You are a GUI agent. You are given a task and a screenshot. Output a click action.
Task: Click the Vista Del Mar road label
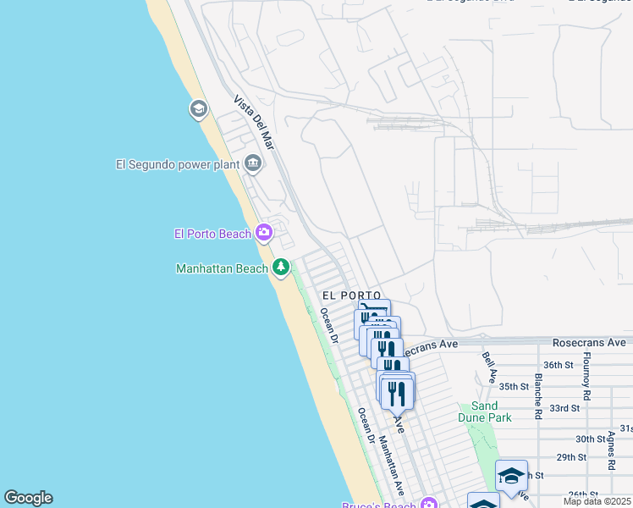click(x=255, y=123)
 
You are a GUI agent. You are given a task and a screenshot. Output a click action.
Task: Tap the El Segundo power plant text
click(x=178, y=164)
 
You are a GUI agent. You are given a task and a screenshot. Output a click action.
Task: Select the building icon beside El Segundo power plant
click(x=253, y=163)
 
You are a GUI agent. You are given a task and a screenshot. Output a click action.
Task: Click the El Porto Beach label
click(x=212, y=234)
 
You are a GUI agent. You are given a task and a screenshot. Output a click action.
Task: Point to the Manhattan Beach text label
click(x=222, y=268)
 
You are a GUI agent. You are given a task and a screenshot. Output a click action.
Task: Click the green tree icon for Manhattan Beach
click(x=281, y=268)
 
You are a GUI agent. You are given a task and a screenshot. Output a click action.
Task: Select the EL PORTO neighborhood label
click(x=346, y=295)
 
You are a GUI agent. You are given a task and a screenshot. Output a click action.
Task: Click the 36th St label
click(x=559, y=365)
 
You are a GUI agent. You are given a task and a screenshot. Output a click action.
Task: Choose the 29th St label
click(x=571, y=457)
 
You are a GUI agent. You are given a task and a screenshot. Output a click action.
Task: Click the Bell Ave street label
click(x=490, y=369)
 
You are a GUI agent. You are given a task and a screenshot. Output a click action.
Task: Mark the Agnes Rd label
click(x=610, y=451)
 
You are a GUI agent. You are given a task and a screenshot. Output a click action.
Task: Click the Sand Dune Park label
click(x=485, y=411)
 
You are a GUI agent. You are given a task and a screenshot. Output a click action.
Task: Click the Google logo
click(x=28, y=498)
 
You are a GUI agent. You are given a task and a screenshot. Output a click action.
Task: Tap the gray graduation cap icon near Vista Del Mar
click(x=199, y=109)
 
